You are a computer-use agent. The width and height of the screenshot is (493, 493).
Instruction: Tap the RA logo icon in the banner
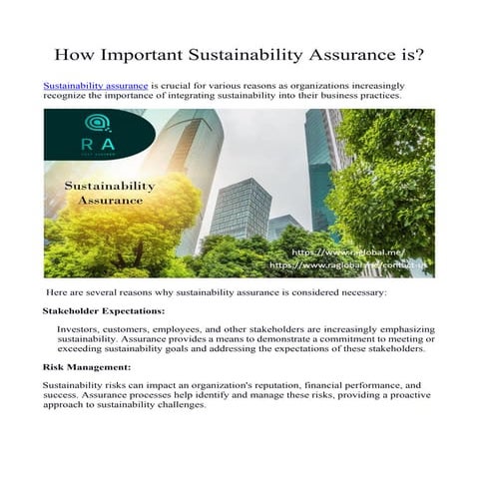[97, 125]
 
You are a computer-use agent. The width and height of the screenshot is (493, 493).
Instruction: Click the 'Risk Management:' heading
[81, 367]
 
